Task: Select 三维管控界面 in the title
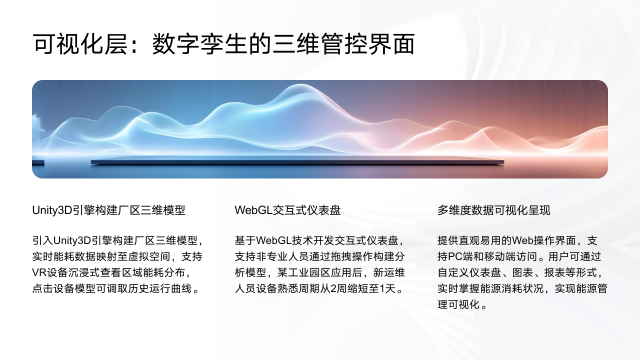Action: point(349,45)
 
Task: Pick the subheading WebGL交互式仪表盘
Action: point(288,211)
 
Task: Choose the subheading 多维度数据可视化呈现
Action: point(494,211)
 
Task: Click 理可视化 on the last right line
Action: point(462,305)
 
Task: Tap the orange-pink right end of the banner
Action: point(585,125)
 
